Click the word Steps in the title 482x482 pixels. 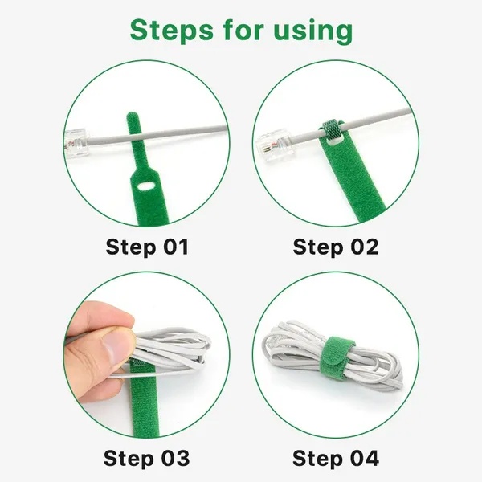[x=172, y=30]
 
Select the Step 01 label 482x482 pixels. [x=147, y=247]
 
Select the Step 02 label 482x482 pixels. [x=336, y=247]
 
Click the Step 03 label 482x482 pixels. [x=147, y=459]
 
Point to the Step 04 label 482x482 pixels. [x=336, y=459]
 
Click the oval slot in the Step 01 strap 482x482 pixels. [x=147, y=186]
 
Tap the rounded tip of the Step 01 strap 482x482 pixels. [x=133, y=116]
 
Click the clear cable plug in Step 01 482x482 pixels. [x=77, y=144]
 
